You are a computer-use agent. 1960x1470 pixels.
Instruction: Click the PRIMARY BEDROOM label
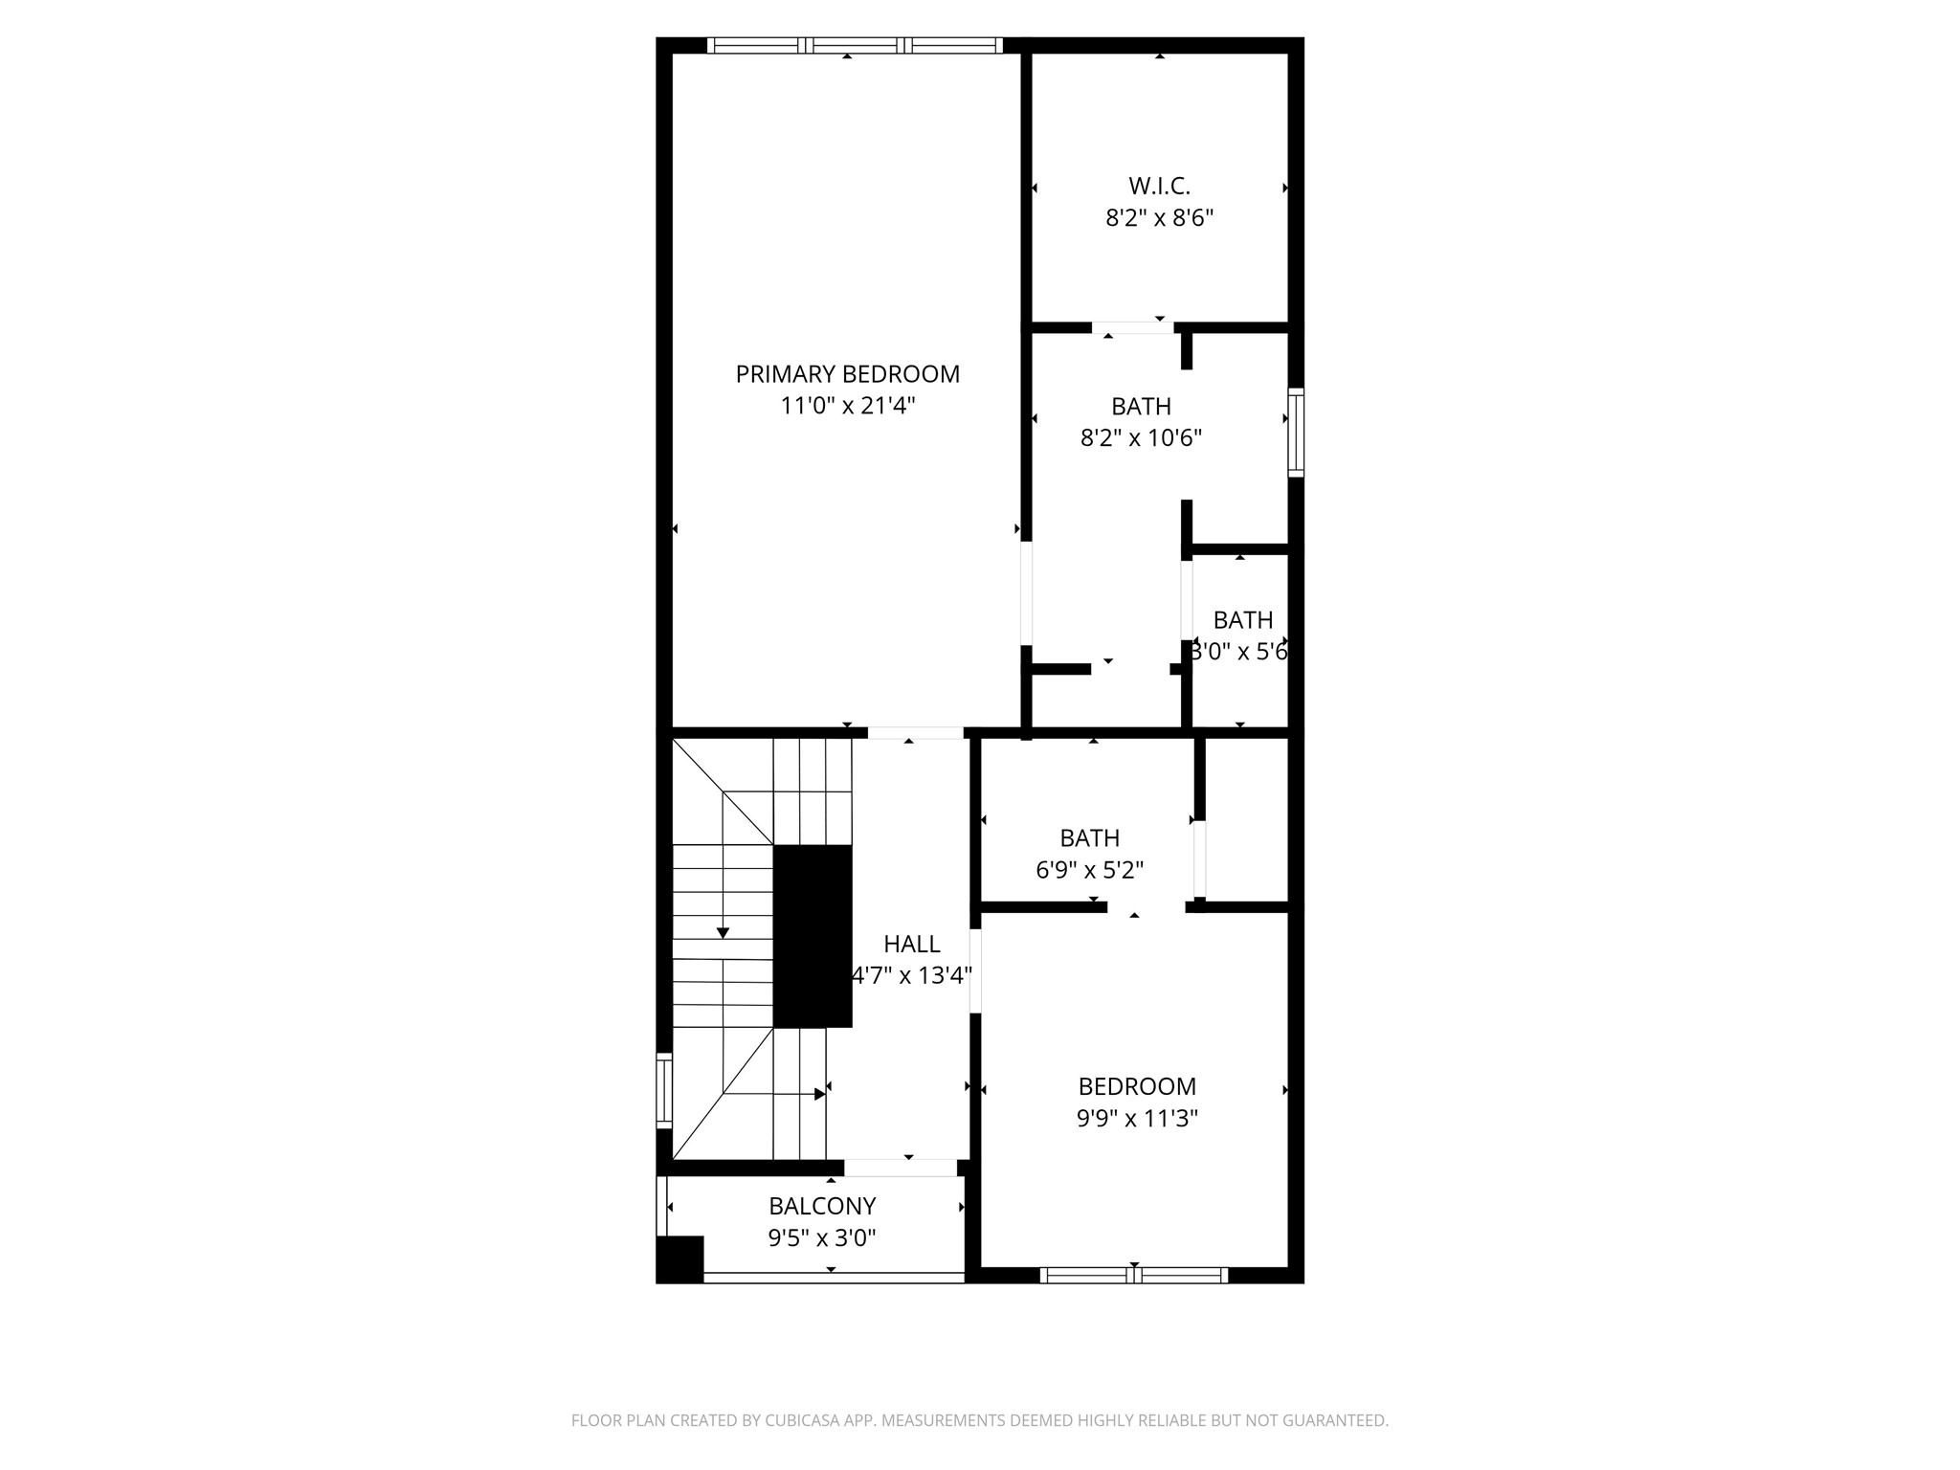[x=847, y=374]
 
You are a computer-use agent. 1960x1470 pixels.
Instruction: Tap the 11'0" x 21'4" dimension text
[x=848, y=406]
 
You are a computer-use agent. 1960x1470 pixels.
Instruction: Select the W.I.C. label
[x=1159, y=186]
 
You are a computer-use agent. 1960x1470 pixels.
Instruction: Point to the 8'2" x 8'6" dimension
[x=1159, y=218]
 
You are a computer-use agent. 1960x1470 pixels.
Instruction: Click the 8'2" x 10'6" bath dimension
[x=1141, y=438]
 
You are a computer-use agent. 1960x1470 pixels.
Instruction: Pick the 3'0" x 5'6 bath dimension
[x=1239, y=652]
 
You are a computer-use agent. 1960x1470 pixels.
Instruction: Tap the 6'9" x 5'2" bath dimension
[x=1089, y=870]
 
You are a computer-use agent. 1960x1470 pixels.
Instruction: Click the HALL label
[x=911, y=945]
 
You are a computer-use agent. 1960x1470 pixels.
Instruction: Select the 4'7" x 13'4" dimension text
[x=911, y=976]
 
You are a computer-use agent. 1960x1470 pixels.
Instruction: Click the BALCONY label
[x=822, y=1206]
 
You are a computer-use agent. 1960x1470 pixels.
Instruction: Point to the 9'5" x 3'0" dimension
[x=822, y=1238]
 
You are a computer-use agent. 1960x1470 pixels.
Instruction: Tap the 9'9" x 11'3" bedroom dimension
[x=1137, y=1118]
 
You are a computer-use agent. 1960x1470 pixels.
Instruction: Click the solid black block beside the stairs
[x=812, y=936]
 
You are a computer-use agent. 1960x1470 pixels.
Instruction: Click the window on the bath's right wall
[x=1296, y=433]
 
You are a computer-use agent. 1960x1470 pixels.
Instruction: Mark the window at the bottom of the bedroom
[x=1134, y=1275]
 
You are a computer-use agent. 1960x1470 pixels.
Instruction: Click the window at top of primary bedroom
[x=855, y=45]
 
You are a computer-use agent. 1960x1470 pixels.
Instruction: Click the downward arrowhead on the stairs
[x=723, y=932]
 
